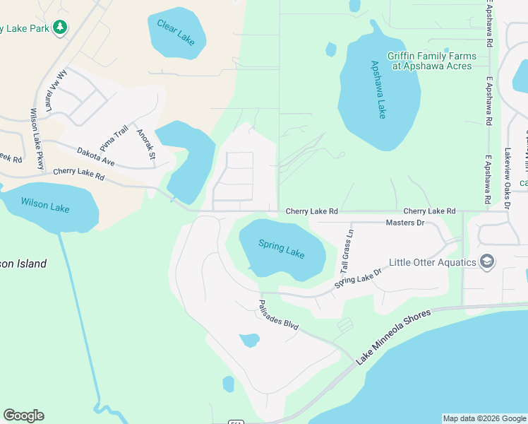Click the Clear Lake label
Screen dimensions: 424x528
[176, 33]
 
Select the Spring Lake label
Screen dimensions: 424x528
[281, 249]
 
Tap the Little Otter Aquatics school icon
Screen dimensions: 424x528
[486, 262]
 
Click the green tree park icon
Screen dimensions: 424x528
[61, 27]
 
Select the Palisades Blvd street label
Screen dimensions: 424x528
[277, 315]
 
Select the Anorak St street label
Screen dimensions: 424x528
[145, 143]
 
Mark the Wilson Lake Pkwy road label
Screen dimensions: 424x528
[37, 138]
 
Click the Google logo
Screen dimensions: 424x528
[23, 416]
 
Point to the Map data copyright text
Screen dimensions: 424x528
[484, 418]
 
